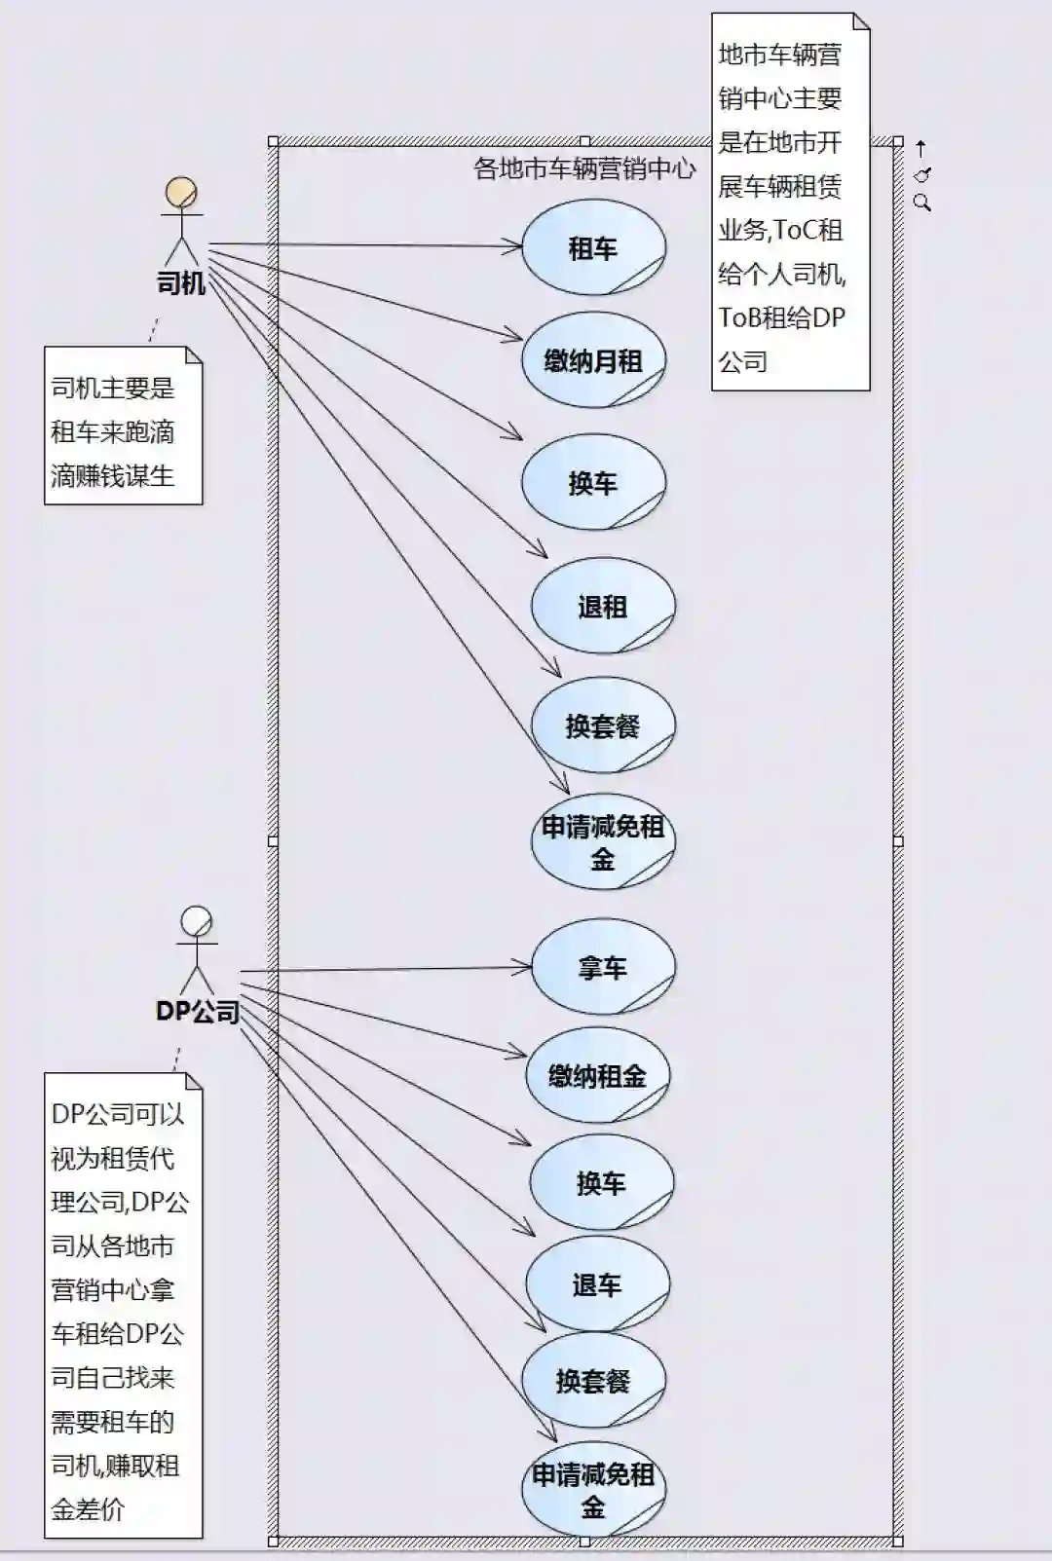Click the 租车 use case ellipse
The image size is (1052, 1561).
(593, 247)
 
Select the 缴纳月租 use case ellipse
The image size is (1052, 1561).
(593, 360)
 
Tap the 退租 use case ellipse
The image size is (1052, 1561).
(602, 606)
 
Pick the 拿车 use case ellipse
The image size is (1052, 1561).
(602, 967)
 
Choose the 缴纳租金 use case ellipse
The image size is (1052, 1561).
(597, 1075)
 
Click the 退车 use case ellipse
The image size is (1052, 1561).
(597, 1284)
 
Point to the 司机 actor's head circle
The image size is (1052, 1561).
(181, 192)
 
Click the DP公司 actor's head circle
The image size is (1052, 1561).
(197, 921)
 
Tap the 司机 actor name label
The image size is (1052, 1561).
(181, 283)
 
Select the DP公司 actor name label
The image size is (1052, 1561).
(198, 1012)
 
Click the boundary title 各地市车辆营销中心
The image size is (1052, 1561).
(584, 168)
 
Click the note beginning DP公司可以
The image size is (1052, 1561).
(123, 1305)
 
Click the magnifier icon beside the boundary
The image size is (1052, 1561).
(922, 204)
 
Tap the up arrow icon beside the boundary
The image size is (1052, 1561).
(920, 149)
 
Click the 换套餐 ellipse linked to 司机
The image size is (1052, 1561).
(602, 725)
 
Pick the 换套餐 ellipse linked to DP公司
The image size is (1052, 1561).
(593, 1380)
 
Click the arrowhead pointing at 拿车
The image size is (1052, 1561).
(526, 967)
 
